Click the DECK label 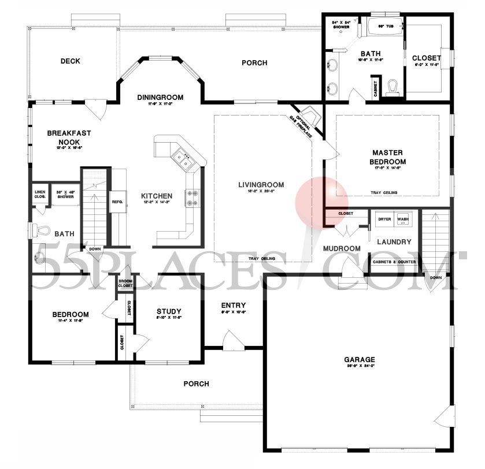point(70,61)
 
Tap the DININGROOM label point(160,97)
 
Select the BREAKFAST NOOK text point(69,137)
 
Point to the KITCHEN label point(157,196)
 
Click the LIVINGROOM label point(261,185)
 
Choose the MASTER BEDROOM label point(388,157)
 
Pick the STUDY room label point(169,312)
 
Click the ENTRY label point(234,305)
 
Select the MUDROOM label point(342,248)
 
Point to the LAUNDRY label point(394,242)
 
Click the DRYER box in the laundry point(384,219)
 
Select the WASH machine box point(403,219)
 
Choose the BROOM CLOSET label point(125,284)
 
